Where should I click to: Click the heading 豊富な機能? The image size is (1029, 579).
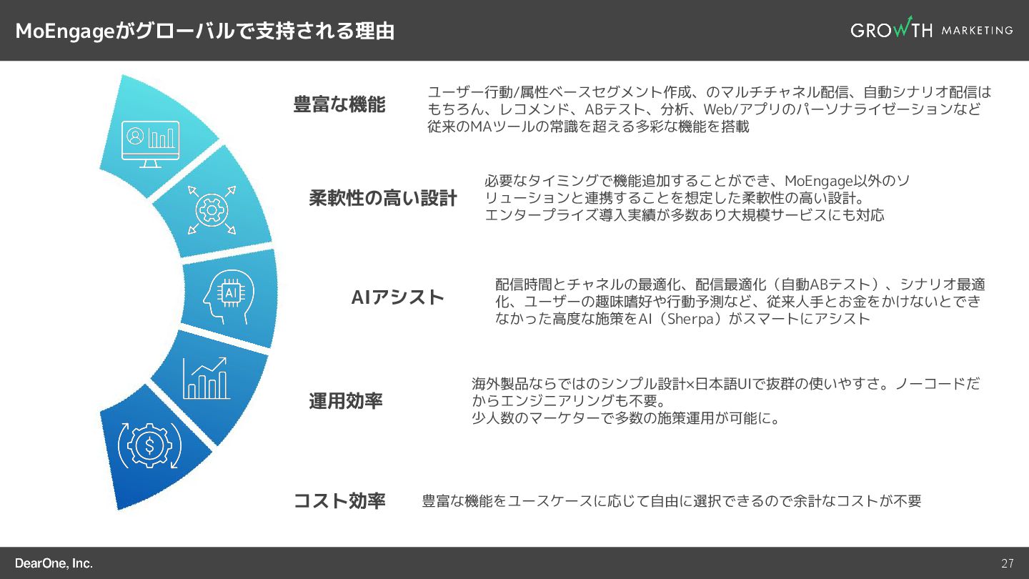coord(339,104)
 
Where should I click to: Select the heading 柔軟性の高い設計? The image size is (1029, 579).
coord(382,198)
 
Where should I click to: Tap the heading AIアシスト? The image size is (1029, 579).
coord(398,297)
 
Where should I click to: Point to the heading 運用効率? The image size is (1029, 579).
coord(346,401)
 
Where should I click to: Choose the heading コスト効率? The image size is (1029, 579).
coord(339,500)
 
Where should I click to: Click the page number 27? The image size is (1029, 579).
coord(1007,563)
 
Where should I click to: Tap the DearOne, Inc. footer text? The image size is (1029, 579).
coord(54,563)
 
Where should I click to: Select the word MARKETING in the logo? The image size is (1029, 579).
coord(977,30)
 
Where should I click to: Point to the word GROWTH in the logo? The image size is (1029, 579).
coord(891,30)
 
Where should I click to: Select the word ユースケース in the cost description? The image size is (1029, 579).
coord(551,501)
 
